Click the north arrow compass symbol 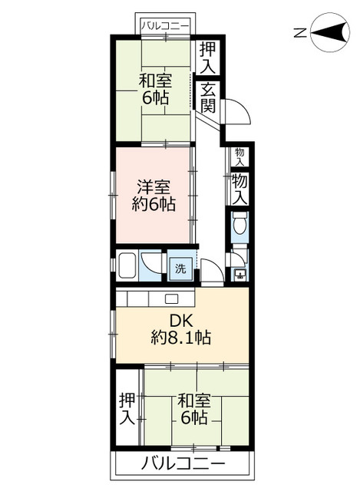(x=330, y=32)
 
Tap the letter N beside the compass (x=300, y=32)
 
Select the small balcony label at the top (x=165, y=26)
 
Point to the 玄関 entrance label (x=208, y=97)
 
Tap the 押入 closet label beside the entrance (x=208, y=58)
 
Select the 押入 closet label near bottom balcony (x=127, y=409)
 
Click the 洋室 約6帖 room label (x=154, y=196)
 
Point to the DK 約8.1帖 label (x=181, y=329)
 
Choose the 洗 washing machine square (x=180, y=269)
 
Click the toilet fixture (x=240, y=222)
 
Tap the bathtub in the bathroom (x=127, y=265)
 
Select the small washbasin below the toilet (x=240, y=275)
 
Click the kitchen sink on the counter (x=171, y=298)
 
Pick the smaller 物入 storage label (x=239, y=157)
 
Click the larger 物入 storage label (x=239, y=189)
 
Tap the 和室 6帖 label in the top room (x=156, y=89)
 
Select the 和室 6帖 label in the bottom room (x=194, y=409)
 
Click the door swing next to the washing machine (x=212, y=270)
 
